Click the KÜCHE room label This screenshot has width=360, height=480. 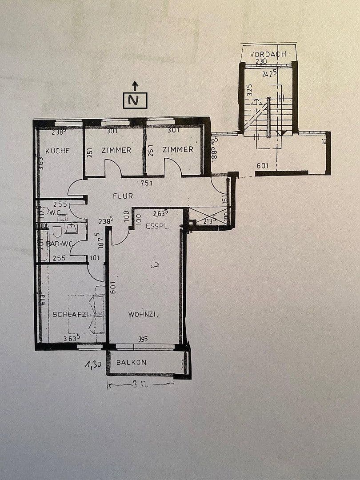[x=58, y=151]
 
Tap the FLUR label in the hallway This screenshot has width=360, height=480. [x=123, y=196]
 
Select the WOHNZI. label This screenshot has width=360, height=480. [x=144, y=314]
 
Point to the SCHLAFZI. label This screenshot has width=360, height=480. [x=71, y=314]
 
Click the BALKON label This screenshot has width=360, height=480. [x=131, y=362]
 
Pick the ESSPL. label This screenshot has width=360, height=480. [x=157, y=226]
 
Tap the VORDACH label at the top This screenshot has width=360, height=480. [x=268, y=54]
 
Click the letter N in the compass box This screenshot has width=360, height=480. [x=135, y=101]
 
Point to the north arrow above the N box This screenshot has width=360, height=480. [x=135, y=85]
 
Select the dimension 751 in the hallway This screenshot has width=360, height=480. [x=147, y=183]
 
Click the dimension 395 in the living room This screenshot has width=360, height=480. [x=142, y=339]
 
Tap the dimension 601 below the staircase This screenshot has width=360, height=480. [x=263, y=166]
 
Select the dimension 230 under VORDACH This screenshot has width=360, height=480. [x=261, y=61]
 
